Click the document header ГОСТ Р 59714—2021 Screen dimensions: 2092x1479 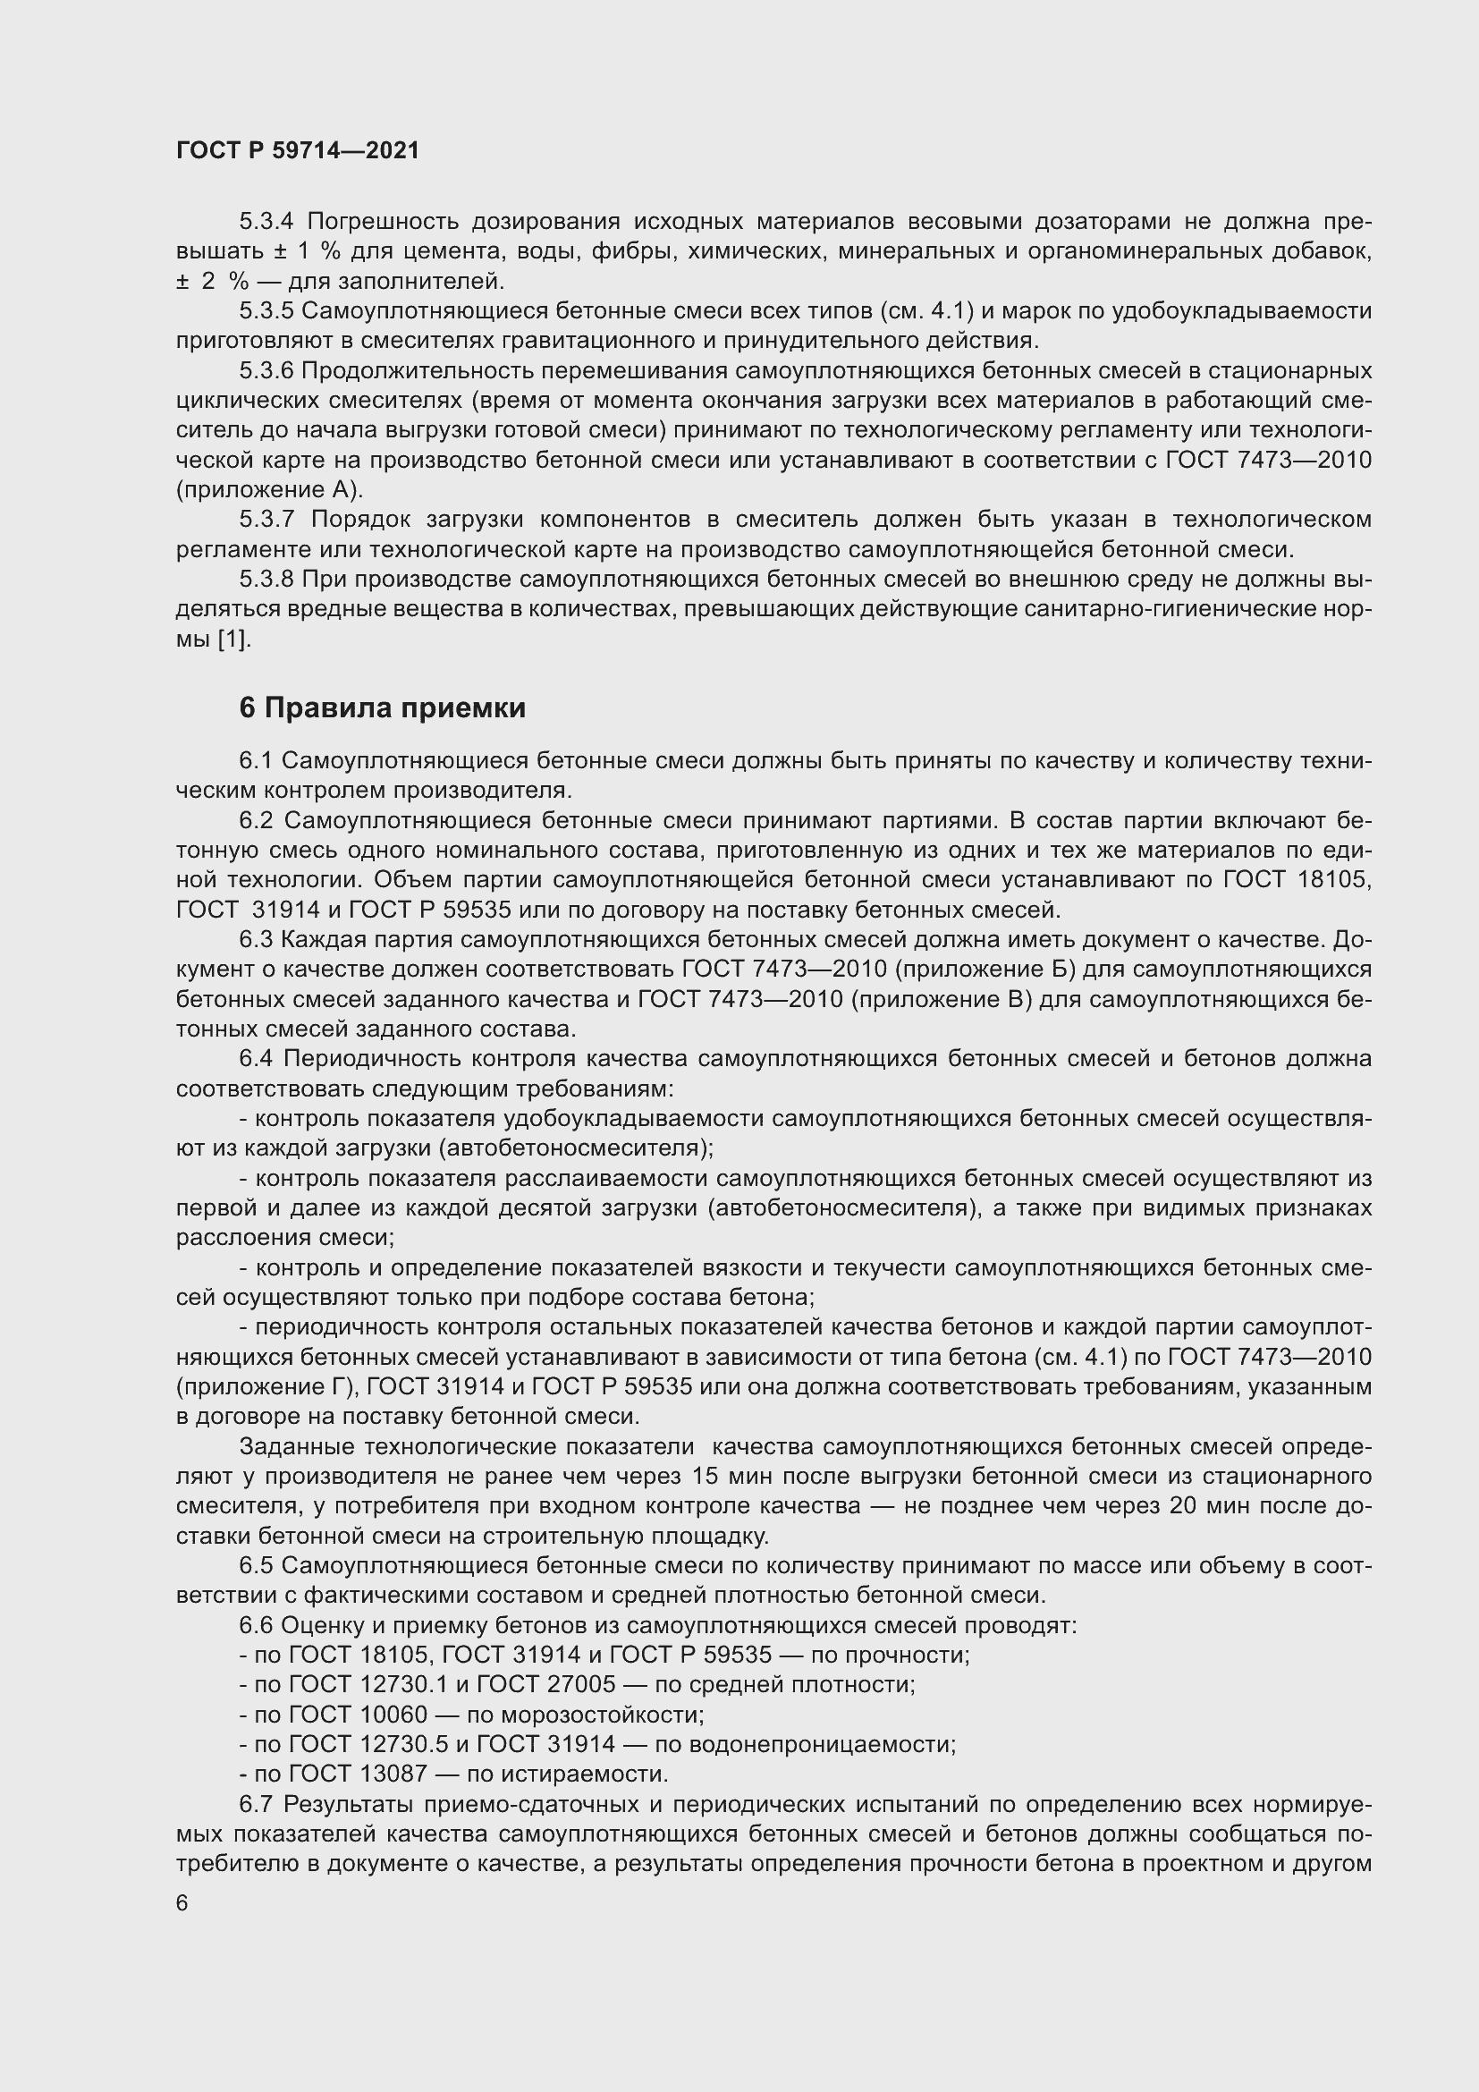[x=298, y=151]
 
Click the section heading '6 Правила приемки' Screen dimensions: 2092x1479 [x=383, y=708]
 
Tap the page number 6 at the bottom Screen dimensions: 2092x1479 [x=182, y=1903]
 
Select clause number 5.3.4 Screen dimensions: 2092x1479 [x=266, y=222]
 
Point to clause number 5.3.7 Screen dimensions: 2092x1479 [x=266, y=520]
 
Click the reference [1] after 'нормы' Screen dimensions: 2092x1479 [x=233, y=639]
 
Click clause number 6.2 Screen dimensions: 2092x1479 [x=256, y=821]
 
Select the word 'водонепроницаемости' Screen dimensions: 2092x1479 [x=824, y=1744]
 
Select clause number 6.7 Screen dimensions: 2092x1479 [x=256, y=1804]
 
